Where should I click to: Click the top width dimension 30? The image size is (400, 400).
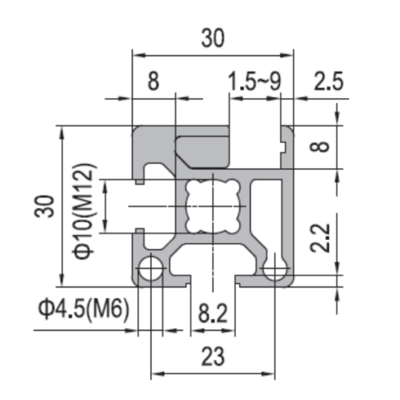pos(213,38)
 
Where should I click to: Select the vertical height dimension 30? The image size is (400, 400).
pos(45,206)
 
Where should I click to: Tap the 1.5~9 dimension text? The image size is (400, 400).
pos(254,82)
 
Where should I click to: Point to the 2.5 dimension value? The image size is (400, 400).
pos(329,82)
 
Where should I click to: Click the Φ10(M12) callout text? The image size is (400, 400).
pos(84,211)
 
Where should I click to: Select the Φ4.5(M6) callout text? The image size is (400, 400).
pos(84,310)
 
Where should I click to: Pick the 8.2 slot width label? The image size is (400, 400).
pos(213,313)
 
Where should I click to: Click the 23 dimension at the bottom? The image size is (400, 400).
pos(213,356)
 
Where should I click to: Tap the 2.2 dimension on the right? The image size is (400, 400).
pos(320,238)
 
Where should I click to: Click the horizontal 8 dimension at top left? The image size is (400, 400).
pos(154,82)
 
